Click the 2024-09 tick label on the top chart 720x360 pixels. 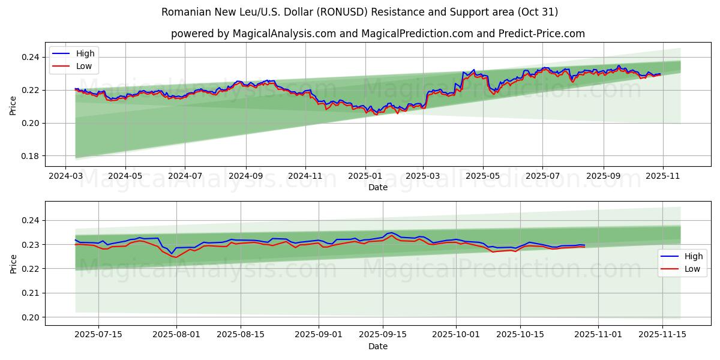(246, 176)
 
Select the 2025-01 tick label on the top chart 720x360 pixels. (365, 176)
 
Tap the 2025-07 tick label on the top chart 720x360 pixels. (542, 176)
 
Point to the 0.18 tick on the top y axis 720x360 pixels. (30, 156)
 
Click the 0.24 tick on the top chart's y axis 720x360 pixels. (30, 57)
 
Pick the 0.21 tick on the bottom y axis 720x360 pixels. (30, 293)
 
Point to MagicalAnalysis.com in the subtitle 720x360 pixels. (284, 34)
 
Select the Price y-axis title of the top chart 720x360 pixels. (13, 106)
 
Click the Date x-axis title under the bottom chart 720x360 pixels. (378, 346)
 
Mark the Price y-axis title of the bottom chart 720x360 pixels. (13, 263)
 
